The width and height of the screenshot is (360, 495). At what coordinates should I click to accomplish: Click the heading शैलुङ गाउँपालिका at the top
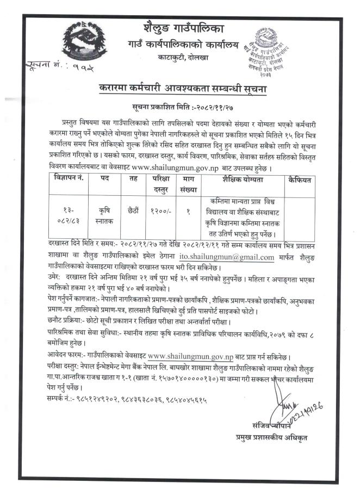179,28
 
